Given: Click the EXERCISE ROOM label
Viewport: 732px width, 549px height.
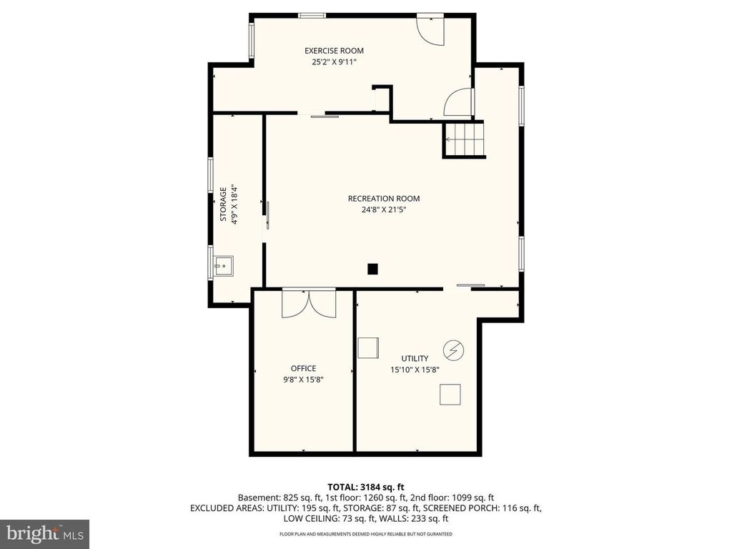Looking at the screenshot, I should coord(334,51).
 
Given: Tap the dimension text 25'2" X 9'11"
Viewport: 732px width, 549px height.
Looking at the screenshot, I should coord(334,62).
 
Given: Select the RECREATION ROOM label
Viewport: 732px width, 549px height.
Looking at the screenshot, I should coord(384,199).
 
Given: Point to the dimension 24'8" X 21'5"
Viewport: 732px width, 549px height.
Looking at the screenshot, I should coord(384,210).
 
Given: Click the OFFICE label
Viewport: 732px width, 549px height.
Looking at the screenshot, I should coord(303,369).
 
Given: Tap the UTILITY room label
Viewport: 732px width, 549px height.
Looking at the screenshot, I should coord(415,359).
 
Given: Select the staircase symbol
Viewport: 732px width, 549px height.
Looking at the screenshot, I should coord(464,139).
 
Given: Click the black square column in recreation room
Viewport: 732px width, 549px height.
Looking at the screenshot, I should coord(372,269).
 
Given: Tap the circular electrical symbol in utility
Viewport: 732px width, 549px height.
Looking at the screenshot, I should coord(453,350).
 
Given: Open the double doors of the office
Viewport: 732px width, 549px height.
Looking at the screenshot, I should coord(309,303).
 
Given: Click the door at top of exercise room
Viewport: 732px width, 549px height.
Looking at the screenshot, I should coord(431,29).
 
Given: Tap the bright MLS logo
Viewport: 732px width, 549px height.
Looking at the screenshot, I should coord(44,533).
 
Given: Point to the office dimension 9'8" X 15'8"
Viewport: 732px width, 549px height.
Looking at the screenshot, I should coord(303,380).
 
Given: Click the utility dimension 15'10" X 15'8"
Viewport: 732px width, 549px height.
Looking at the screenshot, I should coord(415,370).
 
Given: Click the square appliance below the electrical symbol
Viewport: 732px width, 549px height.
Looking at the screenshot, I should coord(450,395).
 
